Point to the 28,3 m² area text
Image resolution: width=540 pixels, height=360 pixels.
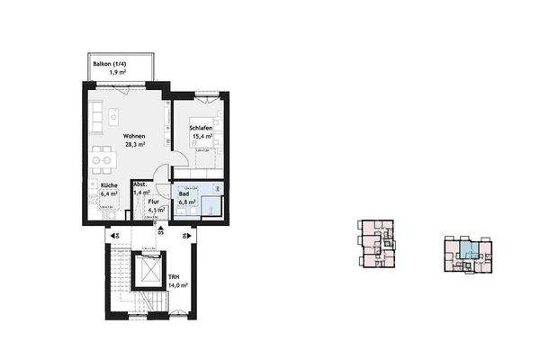click(x=134, y=146)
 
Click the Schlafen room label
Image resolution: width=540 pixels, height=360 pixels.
click(x=200, y=129)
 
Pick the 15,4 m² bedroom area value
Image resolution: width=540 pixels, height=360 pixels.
click(x=200, y=137)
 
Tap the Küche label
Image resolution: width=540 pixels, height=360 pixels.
click(x=110, y=184)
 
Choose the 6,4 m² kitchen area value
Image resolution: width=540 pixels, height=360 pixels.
click(x=110, y=193)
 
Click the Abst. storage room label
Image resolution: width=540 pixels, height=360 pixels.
click(x=139, y=185)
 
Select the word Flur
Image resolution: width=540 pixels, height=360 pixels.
click(x=154, y=202)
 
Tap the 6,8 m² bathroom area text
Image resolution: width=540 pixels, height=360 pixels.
click(x=187, y=202)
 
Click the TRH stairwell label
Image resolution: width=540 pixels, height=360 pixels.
click(x=175, y=277)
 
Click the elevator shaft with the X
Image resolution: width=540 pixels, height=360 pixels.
click(x=144, y=271)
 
